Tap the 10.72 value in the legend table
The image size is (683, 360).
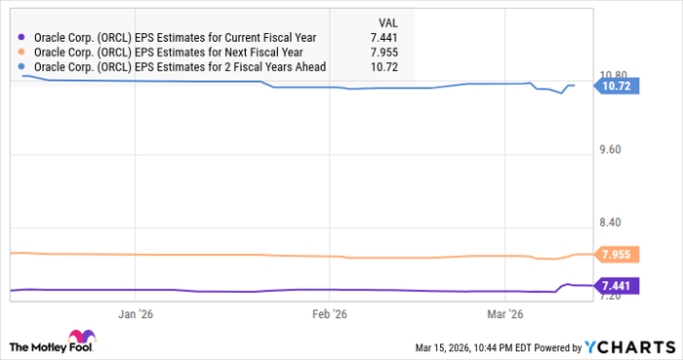point(388,67)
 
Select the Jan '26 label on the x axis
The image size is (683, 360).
point(137,314)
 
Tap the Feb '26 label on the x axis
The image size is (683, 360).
point(329,314)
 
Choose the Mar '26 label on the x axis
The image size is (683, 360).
point(504,314)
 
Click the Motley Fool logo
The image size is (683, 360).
point(54,345)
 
